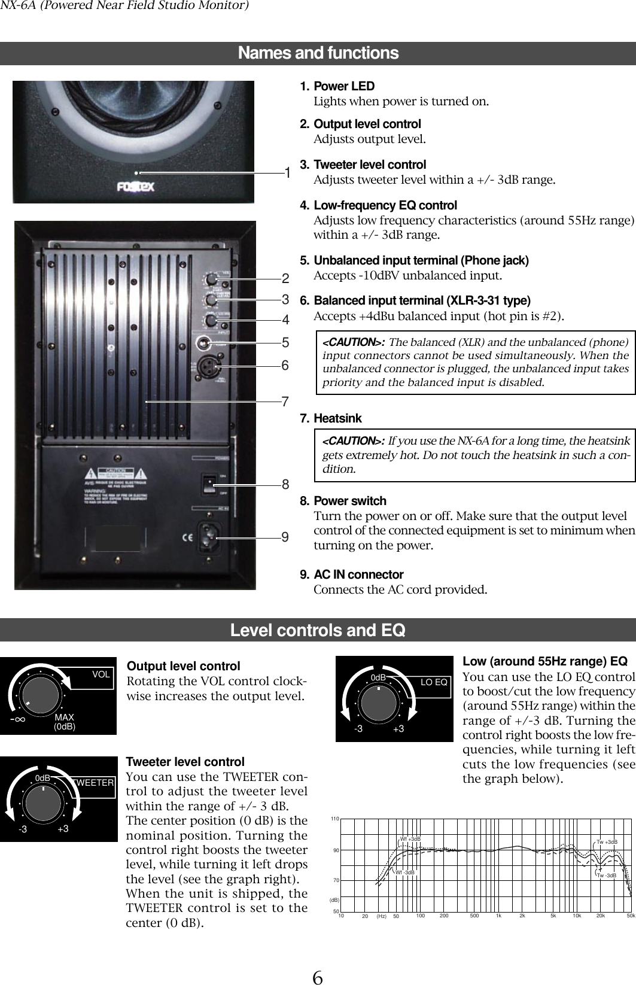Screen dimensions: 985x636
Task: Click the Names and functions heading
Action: (318, 53)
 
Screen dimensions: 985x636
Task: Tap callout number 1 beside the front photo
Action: (288, 174)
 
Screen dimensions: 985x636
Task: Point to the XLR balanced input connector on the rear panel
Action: (212, 365)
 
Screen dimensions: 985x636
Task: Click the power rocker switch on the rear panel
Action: (209, 484)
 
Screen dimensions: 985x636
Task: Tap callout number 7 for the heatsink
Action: (285, 402)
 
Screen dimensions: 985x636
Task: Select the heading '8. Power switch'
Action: (350, 501)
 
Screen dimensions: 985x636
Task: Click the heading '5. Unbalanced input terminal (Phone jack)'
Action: (421, 261)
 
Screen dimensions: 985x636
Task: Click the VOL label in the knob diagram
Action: (101, 674)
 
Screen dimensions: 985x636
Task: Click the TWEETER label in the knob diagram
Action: (94, 782)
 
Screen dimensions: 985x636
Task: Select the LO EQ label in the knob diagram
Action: (434, 682)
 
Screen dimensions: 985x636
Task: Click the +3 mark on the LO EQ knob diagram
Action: (398, 729)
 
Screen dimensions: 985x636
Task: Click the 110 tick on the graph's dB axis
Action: (334, 818)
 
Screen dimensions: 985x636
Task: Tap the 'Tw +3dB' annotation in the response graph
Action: (607, 842)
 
